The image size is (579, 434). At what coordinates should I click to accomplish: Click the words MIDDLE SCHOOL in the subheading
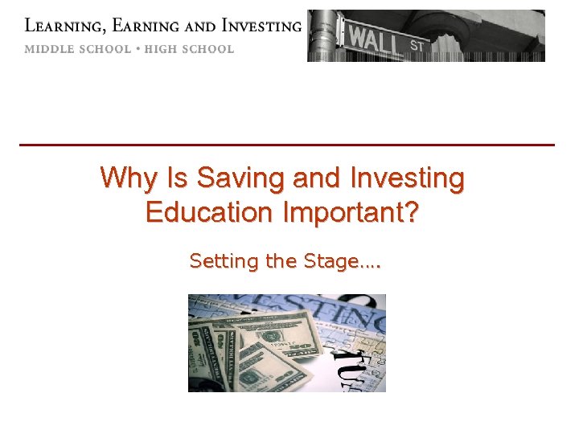(x=76, y=49)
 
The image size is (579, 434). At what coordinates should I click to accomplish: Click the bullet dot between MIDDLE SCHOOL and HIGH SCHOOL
(x=138, y=49)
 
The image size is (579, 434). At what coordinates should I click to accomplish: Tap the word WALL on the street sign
(x=376, y=35)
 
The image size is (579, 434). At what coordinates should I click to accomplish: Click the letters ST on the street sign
(x=417, y=44)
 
